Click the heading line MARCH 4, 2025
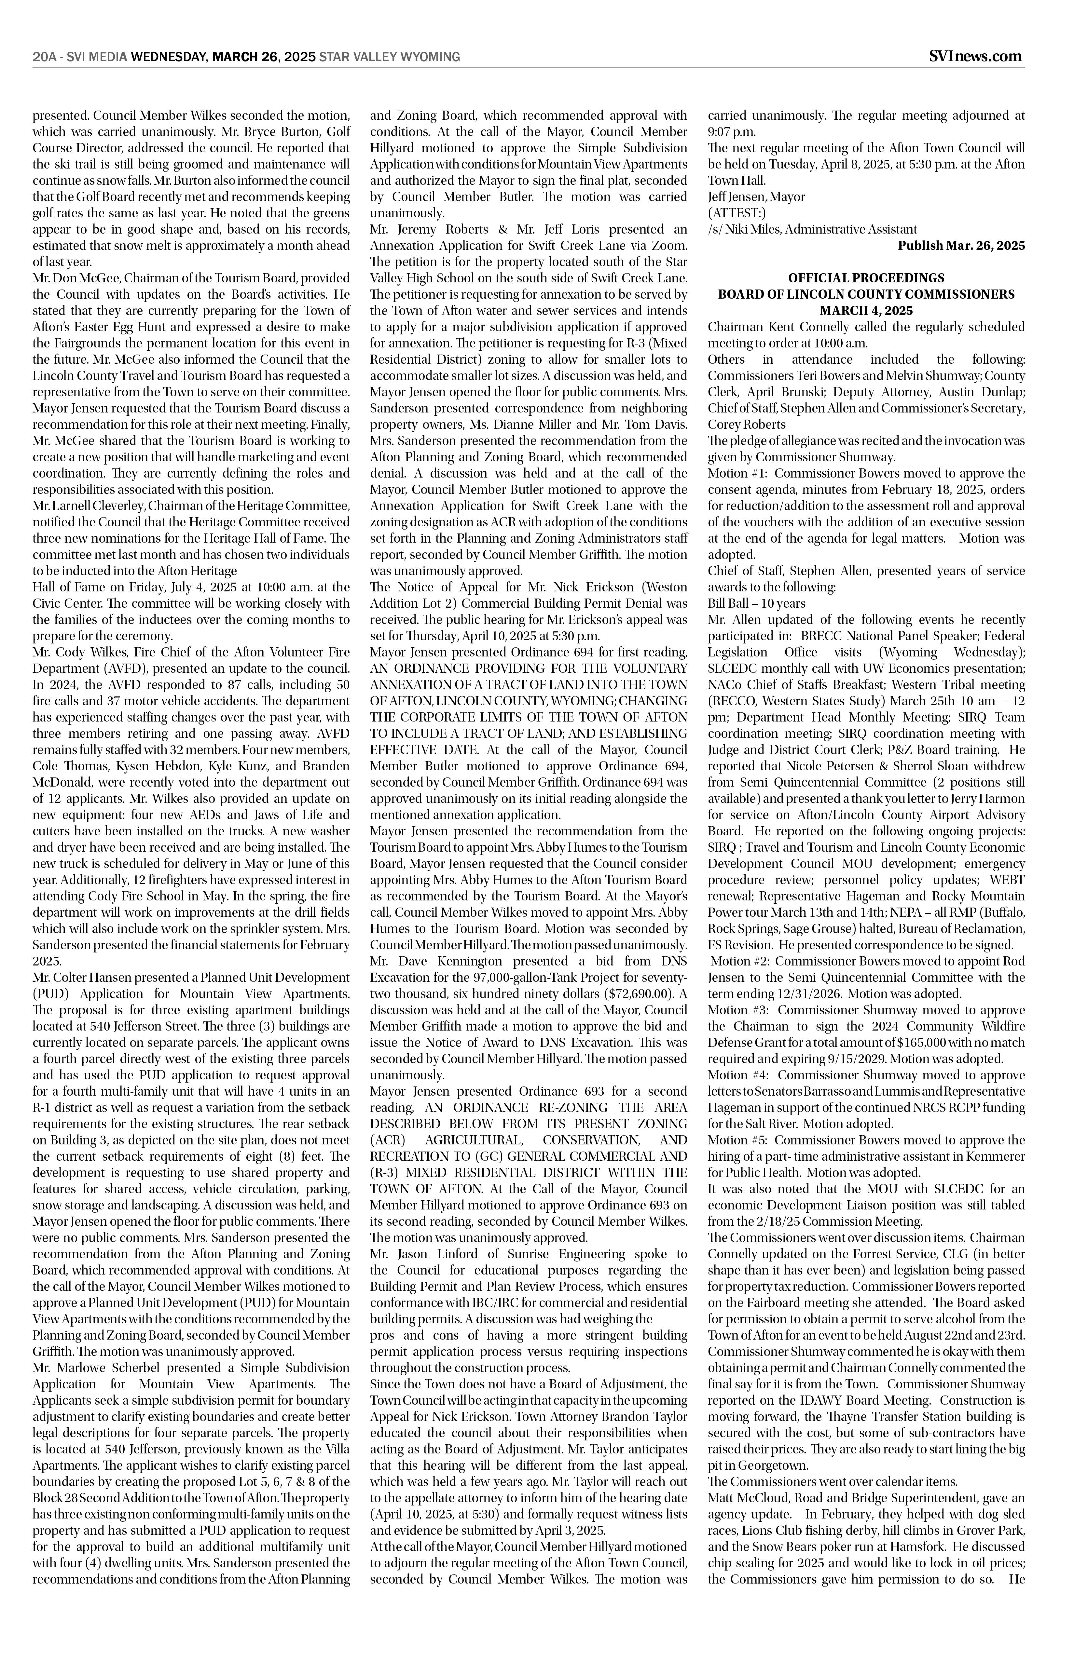click(866, 311)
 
